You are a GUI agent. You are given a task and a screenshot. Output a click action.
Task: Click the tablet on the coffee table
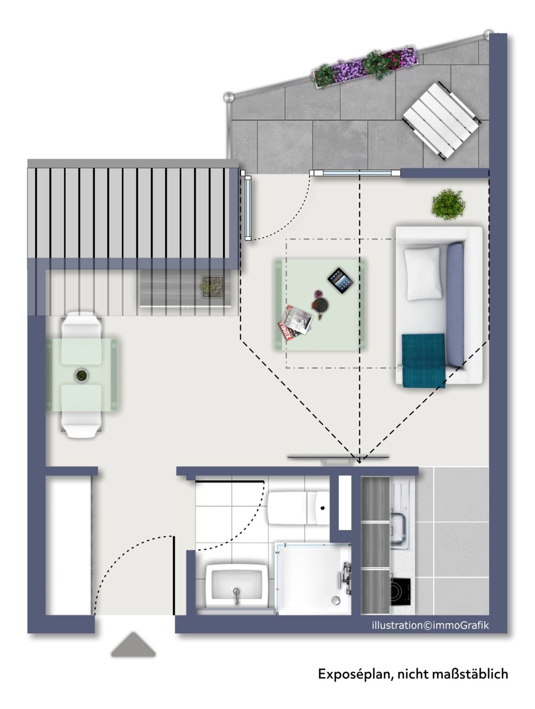coord(340,280)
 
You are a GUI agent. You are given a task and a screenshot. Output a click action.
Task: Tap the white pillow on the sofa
coord(422,273)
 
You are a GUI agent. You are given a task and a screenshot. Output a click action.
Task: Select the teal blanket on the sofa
coord(423,360)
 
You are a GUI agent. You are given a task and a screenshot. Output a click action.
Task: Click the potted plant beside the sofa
coord(447,205)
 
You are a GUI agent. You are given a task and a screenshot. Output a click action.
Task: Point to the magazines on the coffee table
coord(295,323)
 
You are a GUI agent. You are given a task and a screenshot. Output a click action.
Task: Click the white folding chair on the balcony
coord(441,120)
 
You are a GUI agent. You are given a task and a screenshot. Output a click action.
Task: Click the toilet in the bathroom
coord(298,508)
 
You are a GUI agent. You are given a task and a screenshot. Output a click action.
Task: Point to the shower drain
coord(335,600)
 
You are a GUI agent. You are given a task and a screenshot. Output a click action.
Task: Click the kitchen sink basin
coord(400,529)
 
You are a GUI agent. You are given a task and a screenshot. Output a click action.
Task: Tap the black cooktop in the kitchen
coord(400,591)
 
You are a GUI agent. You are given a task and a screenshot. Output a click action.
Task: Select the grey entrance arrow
coord(133,645)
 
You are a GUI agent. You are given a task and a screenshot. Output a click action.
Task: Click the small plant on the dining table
coord(81,375)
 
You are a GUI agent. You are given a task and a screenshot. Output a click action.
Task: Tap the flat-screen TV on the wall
coord(338,458)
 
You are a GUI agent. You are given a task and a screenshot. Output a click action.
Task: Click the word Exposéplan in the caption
coord(356,674)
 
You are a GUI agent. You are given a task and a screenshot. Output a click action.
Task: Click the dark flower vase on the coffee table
coord(320,304)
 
